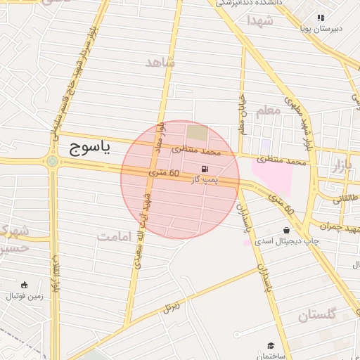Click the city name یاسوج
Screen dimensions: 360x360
(91, 148)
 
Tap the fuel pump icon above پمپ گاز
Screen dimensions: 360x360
(205, 169)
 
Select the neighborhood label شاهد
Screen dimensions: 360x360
(160, 63)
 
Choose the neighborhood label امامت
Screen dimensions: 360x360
(114, 236)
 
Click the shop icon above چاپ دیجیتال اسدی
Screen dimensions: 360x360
(286, 230)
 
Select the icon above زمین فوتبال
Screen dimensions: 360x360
(25, 285)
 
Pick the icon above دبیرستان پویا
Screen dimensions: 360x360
(321, 18)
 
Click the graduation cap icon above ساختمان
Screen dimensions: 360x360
(271, 345)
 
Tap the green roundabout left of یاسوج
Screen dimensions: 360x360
(52, 162)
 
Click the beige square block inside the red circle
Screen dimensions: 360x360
(198, 132)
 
